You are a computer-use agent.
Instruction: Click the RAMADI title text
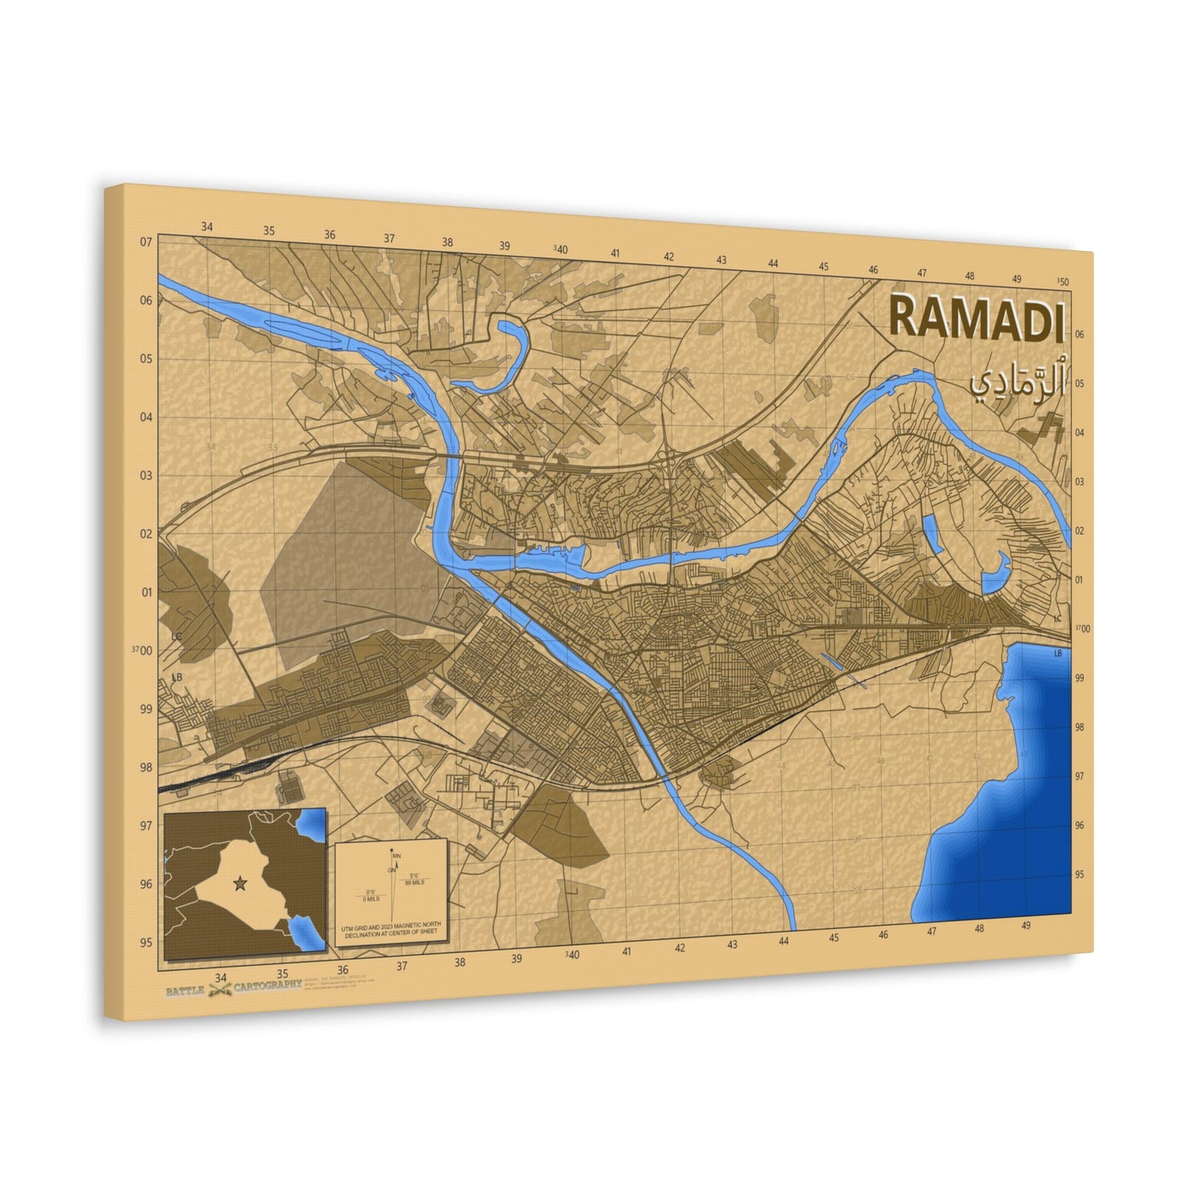[976, 317]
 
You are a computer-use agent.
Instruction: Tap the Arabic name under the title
[1016, 381]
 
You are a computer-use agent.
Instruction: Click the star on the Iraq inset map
[241, 883]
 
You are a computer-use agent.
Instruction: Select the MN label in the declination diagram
[396, 855]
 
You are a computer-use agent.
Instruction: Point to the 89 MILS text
[414, 882]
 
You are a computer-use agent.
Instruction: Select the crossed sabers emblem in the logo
[219, 989]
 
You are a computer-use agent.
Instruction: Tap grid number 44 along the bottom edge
[784, 941]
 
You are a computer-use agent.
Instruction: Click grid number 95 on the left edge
[146, 942]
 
